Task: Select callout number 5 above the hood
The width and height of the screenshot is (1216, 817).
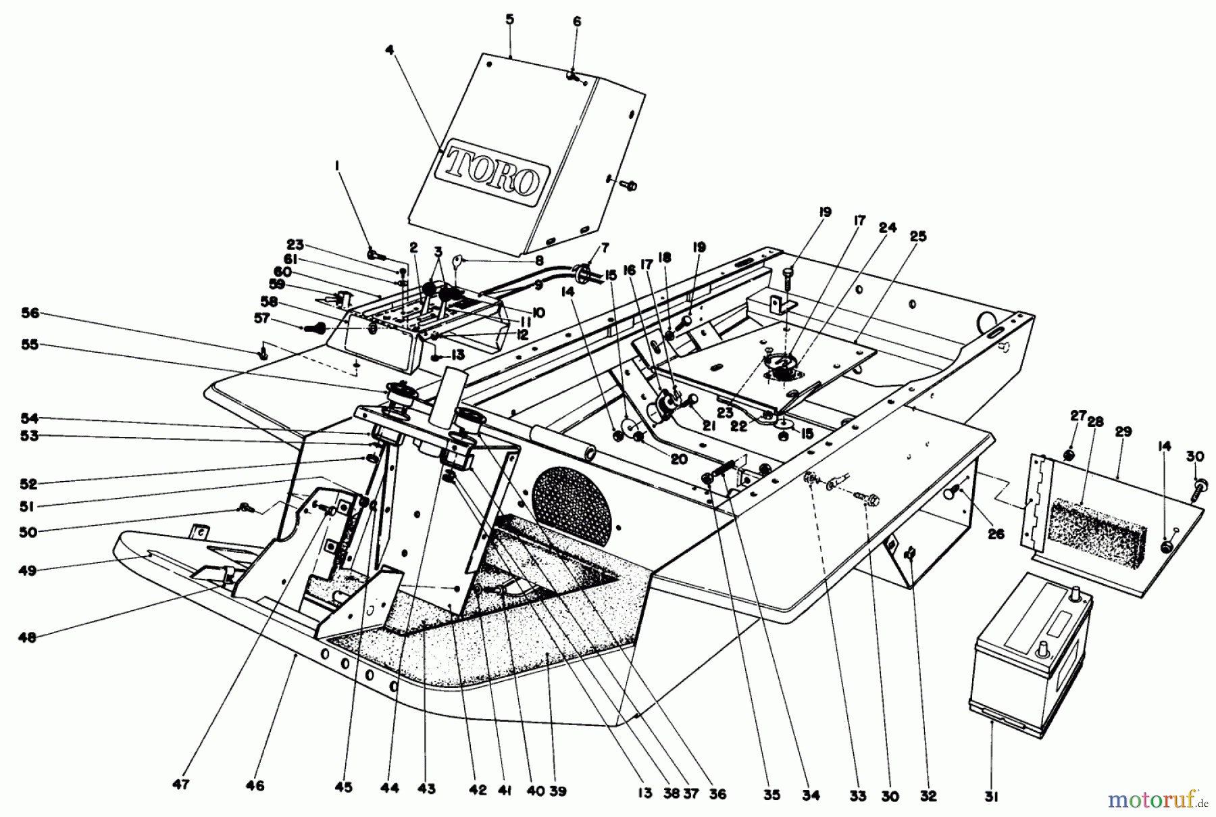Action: click(509, 20)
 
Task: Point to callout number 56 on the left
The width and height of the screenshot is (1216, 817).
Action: click(30, 314)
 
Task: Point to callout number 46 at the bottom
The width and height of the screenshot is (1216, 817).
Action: click(255, 785)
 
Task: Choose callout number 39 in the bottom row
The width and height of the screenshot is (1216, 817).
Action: click(558, 791)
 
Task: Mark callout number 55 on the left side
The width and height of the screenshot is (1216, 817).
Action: click(30, 345)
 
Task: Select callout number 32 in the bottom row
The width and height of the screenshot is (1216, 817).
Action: click(928, 795)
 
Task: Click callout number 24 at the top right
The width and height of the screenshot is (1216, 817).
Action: click(888, 228)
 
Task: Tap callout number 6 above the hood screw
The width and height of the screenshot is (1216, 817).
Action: click(576, 22)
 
